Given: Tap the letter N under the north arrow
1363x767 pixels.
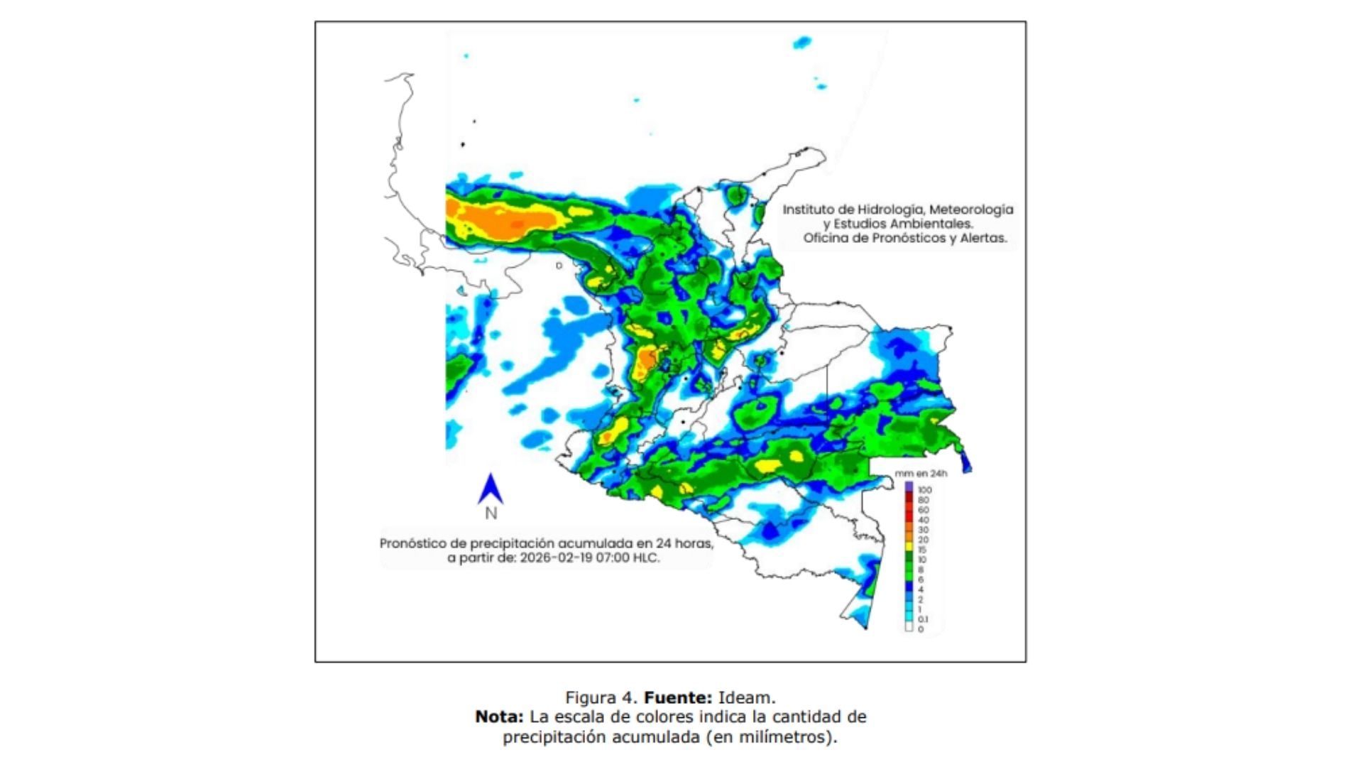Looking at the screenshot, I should (491, 513).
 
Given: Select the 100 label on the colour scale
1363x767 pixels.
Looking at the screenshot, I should (924, 490).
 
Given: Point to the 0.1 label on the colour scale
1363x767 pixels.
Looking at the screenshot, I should (922, 619).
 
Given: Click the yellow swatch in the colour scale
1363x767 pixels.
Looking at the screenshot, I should (909, 544).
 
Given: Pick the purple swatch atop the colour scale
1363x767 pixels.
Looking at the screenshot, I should (909, 486).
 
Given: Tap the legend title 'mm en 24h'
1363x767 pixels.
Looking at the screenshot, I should (921, 474).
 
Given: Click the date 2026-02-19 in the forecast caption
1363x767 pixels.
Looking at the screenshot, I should (554, 558).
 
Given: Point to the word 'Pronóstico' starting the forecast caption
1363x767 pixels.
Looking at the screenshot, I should (413, 543).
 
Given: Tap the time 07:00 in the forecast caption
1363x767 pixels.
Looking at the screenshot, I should (610, 558).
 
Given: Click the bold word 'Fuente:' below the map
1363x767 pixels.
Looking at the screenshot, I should (678, 697).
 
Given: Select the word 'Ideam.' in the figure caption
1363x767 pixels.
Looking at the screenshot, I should (747, 697).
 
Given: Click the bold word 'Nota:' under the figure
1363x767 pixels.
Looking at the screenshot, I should (499, 717).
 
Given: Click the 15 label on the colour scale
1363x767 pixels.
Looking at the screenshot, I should (922, 550).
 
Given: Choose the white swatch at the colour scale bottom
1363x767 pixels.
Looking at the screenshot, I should (909, 628).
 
